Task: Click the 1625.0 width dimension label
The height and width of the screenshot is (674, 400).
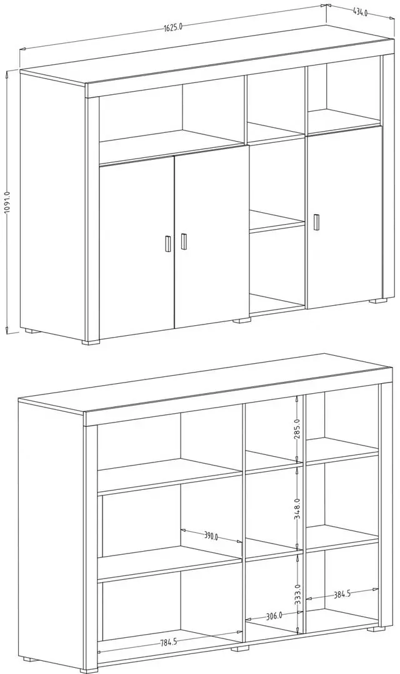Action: [173, 27]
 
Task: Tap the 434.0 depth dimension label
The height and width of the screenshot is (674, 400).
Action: [360, 12]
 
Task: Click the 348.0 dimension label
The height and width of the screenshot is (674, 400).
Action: [297, 509]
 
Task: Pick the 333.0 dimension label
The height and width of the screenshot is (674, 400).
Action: [297, 595]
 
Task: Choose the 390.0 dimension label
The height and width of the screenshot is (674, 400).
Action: [211, 537]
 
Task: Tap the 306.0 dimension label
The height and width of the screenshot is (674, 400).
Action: [274, 616]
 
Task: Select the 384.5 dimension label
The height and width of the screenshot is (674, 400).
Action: [342, 595]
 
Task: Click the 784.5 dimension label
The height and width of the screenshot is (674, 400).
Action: [169, 643]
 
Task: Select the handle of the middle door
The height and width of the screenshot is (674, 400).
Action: [184, 242]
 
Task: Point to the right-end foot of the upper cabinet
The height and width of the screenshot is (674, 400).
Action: [379, 301]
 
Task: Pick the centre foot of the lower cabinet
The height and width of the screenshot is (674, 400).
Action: [240, 648]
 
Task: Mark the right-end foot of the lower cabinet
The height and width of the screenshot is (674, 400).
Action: [377, 629]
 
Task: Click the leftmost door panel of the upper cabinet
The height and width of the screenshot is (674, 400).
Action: [136, 247]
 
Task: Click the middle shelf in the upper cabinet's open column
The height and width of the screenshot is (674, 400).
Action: [277, 222]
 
